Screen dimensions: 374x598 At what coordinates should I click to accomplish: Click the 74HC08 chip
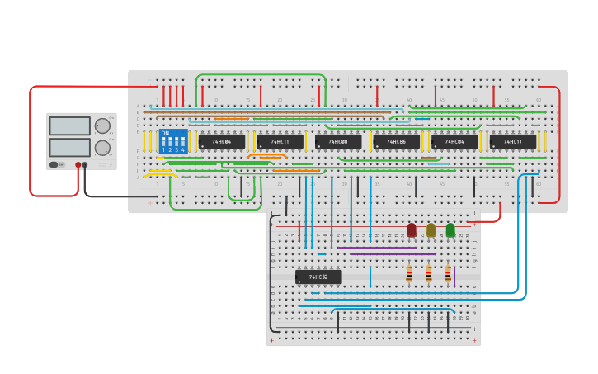click(x=338, y=142)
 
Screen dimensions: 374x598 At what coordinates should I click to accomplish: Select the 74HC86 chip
click(x=397, y=142)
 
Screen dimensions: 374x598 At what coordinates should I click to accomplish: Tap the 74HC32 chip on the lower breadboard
click(x=318, y=277)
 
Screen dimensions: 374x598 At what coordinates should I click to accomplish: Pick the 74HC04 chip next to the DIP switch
click(x=222, y=142)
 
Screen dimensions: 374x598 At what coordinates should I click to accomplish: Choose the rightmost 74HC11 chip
click(x=513, y=142)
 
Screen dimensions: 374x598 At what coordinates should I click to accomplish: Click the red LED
click(x=412, y=230)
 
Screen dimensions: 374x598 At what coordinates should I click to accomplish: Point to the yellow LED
click(x=431, y=230)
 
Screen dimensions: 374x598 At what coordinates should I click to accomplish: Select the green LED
click(x=450, y=230)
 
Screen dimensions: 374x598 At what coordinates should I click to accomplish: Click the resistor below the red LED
click(x=409, y=273)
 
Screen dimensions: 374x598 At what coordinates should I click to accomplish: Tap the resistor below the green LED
click(x=448, y=273)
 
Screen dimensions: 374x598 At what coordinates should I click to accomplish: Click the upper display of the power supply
click(x=70, y=125)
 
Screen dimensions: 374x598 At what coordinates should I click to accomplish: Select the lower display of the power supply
click(x=70, y=147)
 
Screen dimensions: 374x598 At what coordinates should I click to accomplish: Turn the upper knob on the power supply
click(x=102, y=126)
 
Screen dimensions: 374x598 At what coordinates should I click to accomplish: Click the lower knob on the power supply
click(x=102, y=148)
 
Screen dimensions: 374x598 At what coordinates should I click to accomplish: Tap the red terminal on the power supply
click(x=78, y=165)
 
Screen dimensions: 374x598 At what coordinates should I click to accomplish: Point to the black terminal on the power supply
click(x=85, y=165)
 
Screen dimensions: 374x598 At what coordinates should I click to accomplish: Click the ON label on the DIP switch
click(x=165, y=133)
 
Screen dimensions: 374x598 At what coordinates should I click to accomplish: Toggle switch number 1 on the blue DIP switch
click(x=164, y=142)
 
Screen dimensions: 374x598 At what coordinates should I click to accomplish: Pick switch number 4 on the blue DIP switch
click(x=182, y=142)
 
